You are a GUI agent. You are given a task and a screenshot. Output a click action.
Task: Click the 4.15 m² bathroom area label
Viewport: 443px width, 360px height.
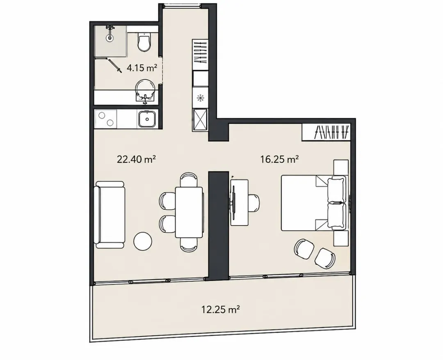[142, 68]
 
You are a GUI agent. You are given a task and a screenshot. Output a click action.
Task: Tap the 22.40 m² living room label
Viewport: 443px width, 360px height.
[137, 160]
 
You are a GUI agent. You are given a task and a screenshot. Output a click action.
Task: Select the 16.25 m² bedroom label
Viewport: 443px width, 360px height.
[280, 160]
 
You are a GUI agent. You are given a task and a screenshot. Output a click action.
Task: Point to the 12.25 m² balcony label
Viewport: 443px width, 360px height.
[221, 310]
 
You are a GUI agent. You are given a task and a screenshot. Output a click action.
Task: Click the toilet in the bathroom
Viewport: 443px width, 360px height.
[144, 42]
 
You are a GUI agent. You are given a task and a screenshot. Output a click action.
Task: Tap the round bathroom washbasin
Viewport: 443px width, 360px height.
[145, 89]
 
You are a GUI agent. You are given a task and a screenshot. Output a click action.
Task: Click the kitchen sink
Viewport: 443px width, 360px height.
[147, 119]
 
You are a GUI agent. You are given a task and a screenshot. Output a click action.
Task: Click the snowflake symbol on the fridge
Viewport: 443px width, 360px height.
[200, 98]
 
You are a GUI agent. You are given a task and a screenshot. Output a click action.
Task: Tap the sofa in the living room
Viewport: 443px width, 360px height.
[110, 215]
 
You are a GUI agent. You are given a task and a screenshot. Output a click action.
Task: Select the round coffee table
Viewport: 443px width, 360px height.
[143, 241]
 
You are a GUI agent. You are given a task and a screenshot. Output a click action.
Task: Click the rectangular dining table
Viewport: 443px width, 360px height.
[189, 212]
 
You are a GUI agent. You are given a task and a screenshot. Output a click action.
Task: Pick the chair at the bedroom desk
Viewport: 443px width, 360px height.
[254, 203]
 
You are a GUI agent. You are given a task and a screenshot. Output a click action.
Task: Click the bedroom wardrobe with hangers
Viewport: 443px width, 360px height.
[327, 132]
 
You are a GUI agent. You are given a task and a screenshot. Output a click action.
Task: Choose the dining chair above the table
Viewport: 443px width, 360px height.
[189, 179]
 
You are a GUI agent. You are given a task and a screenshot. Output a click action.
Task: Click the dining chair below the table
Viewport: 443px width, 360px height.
[189, 245]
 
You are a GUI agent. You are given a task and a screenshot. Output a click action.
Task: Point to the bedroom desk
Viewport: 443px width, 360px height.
[239, 202]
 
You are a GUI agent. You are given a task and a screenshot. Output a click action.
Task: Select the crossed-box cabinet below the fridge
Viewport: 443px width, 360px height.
[200, 119]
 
